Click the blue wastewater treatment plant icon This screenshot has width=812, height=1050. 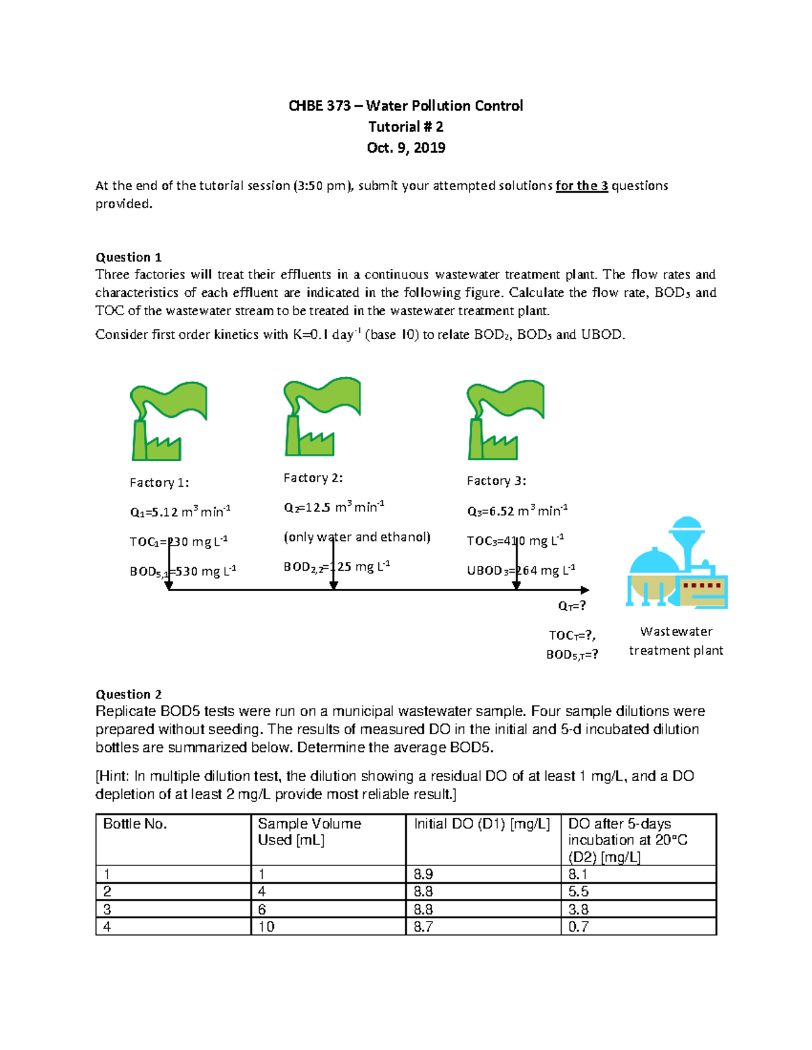click(677, 564)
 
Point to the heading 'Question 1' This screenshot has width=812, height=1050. click(129, 257)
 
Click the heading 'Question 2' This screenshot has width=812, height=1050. click(129, 694)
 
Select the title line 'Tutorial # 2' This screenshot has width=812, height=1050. click(405, 126)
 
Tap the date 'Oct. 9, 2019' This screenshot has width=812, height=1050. click(405, 147)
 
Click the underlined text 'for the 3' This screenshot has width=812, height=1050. click(581, 186)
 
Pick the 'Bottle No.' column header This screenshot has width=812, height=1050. click(135, 824)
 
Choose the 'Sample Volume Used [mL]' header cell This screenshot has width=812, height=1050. click(309, 832)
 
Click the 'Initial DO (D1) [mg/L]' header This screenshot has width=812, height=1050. click(482, 824)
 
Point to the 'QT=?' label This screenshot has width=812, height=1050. click(572, 606)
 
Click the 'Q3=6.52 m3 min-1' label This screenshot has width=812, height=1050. click(517, 510)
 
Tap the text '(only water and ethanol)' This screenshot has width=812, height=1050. click(357, 537)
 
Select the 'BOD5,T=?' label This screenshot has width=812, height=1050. click(572, 654)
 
